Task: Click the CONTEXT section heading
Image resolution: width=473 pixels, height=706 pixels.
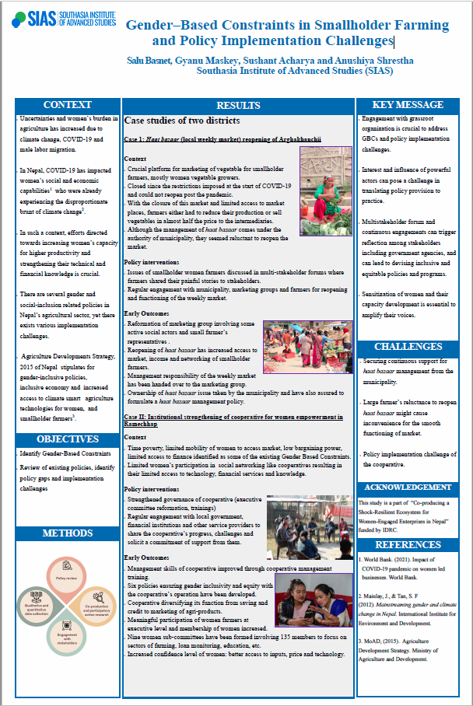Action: (x=68, y=105)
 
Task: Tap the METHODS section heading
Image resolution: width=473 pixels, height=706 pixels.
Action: (x=67, y=533)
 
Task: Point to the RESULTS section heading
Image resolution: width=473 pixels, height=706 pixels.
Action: (x=238, y=106)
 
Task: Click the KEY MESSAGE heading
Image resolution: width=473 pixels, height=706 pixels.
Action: (x=408, y=105)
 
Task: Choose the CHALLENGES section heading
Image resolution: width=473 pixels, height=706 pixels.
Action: (x=408, y=346)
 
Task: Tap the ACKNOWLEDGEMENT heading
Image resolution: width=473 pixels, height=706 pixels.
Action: (x=408, y=488)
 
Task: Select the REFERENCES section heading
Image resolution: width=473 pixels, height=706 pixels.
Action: (x=408, y=545)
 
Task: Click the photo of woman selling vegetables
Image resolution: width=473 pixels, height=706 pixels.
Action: (x=325, y=180)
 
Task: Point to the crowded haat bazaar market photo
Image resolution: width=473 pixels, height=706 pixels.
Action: (x=307, y=348)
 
